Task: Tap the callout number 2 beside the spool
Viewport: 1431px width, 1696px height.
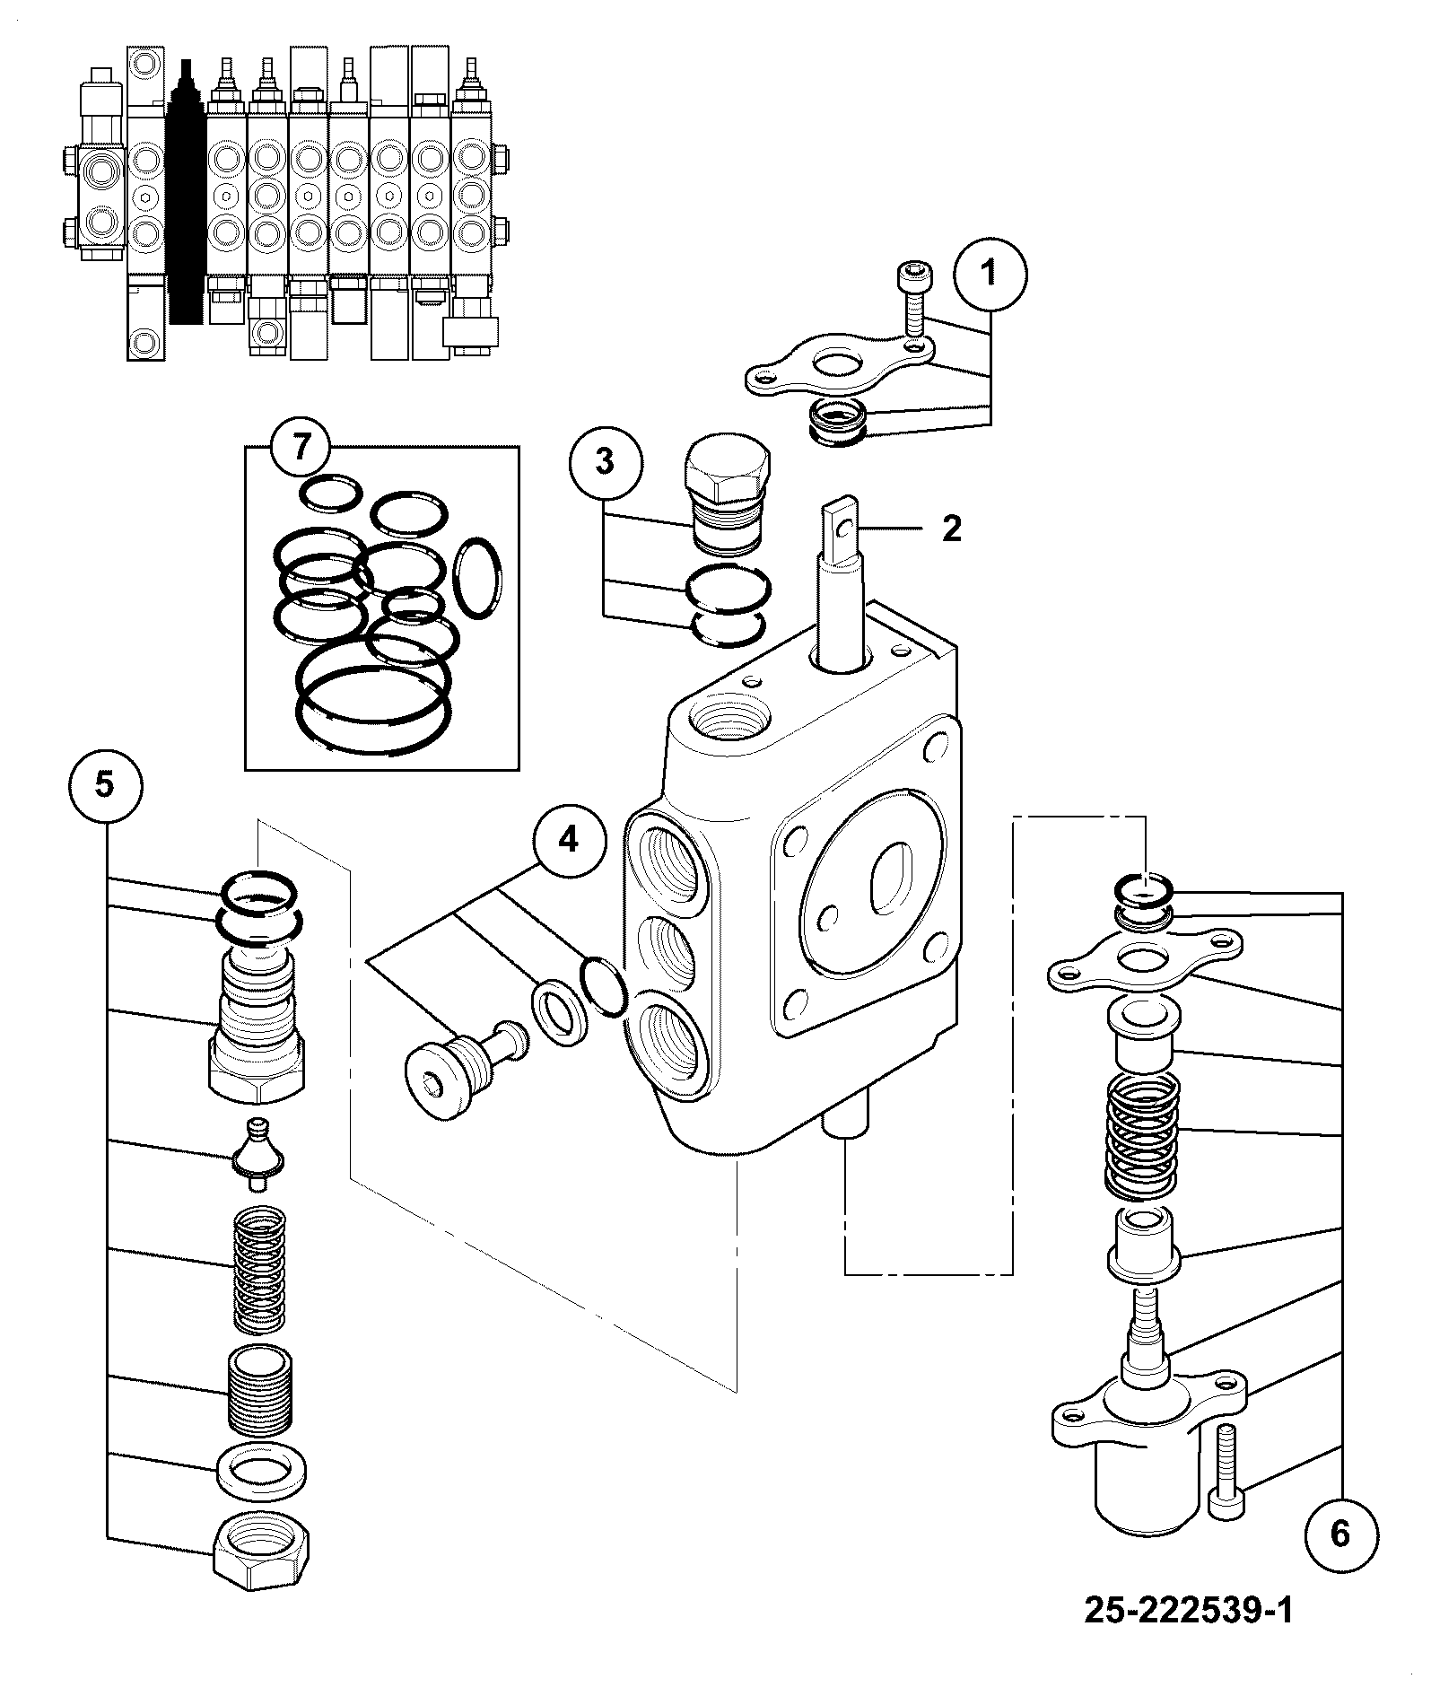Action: coord(952,529)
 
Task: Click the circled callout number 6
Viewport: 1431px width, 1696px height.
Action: coord(1339,1534)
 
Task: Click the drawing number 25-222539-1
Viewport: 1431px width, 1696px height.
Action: coord(1189,1610)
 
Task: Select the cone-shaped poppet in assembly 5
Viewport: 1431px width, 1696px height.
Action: coord(257,1153)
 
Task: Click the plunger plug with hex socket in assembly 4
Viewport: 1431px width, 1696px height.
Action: coord(467,1068)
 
